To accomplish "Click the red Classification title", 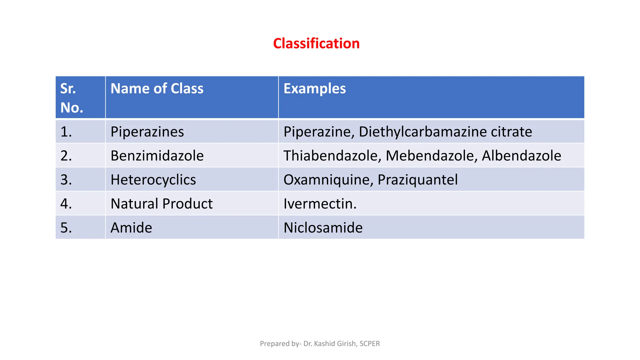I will pos(316,43).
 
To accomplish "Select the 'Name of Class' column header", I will pos(157,88).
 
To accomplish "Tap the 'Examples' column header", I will pos(314,88).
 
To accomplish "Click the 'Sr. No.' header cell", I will pos(72,98).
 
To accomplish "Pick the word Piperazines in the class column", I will pos(147,132).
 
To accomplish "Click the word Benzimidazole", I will pos(157,156).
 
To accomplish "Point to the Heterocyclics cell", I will pos(153,180).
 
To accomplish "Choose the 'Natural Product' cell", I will pos(162,204).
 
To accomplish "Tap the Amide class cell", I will pos(131,227).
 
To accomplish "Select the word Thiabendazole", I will pos(332,156).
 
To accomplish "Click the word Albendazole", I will pos(521,156).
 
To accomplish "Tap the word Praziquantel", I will pos(417,180).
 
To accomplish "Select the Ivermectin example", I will pos(320,204).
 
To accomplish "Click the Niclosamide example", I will pos(323,227).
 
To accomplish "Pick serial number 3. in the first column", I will pos(66,180).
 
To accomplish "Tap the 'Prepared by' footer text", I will pos(320,343).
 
